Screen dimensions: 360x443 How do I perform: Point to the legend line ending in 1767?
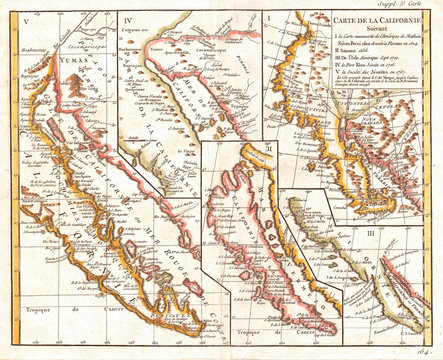pyautogui.click(x=350, y=85)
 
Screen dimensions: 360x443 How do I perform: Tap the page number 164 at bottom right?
pyautogui.click(x=424, y=350)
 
